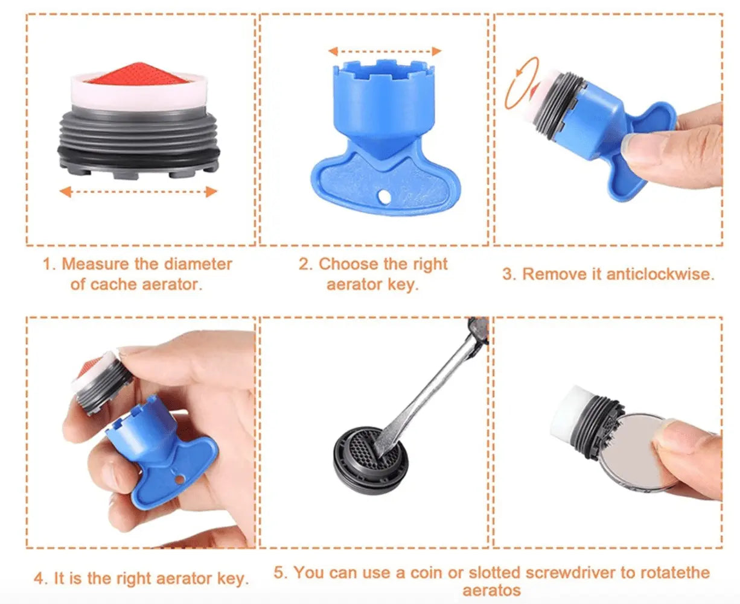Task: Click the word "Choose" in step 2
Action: pyautogui.click(x=348, y=264)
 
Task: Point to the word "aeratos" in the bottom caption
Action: pyautogui.click(x=491, y=591)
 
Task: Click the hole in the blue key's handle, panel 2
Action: pyautogui.click(x=384, y=197)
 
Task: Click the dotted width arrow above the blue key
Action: pyautogui.click(x=385, y=51)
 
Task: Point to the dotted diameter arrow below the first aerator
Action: pyautogui.click(x=138, y=192)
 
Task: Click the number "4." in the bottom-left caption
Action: pyautogui.click(x=41, y=579)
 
